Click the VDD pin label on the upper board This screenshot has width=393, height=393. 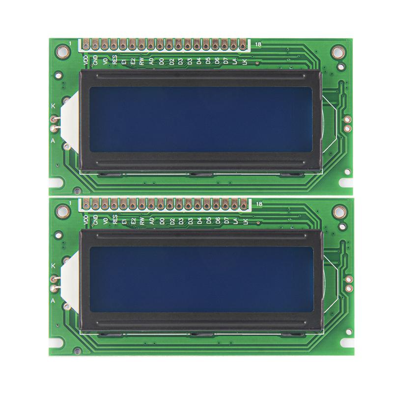coord(86,61)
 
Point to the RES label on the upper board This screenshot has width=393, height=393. coord(114,61)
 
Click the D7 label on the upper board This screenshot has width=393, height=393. coord(226,61)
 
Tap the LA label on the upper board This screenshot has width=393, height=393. coord(235,61)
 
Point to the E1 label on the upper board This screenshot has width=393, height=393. coord(124,61)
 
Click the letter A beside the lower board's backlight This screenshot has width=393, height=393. coord(53,300)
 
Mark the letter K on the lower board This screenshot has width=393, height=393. coord(53,266)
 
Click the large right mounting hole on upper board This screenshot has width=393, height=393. coord(338,51)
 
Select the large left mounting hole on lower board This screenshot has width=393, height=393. coord(63,210)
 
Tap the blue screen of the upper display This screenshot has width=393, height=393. coord(200,119)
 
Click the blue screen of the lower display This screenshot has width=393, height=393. coord(200,279)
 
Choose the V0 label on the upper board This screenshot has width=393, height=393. coord(105,61)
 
